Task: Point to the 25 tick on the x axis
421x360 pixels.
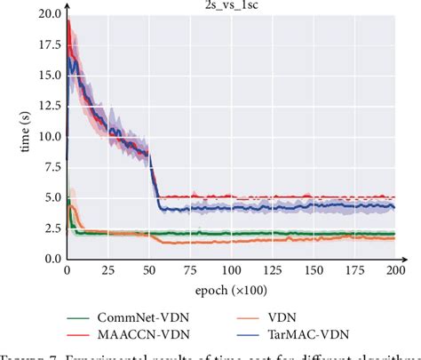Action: (x=109, y=270)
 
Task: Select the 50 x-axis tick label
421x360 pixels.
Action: (x=153, y=270)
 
